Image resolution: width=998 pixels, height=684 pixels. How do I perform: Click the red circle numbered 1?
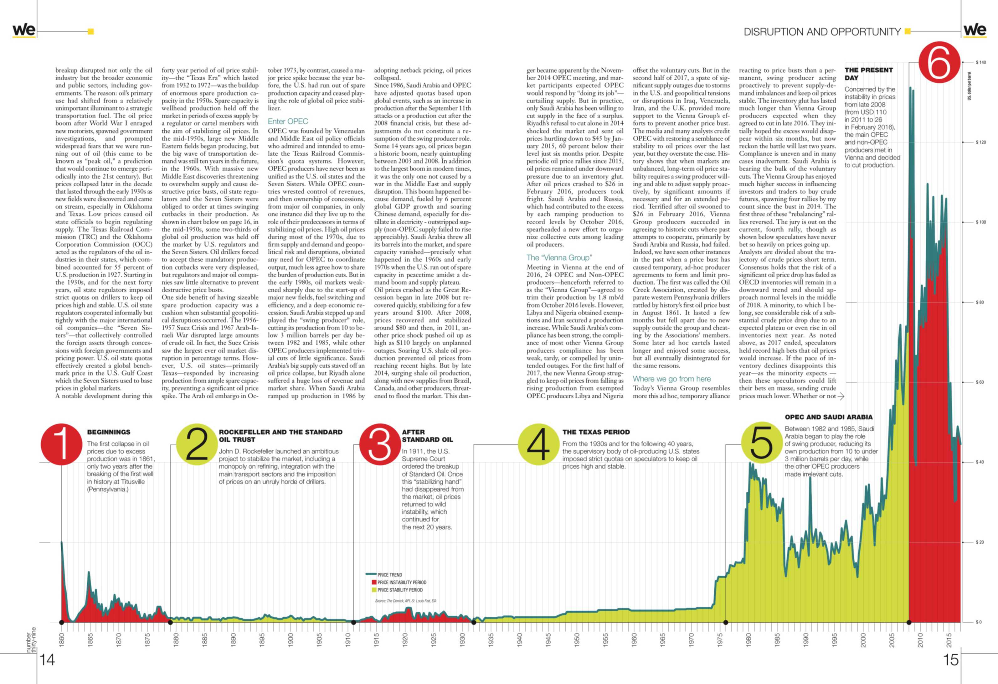61,444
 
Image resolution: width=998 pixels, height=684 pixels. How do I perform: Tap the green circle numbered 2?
197,444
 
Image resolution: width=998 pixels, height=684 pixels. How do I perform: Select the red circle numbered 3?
380,444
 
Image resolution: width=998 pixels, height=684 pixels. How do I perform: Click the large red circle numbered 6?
939,63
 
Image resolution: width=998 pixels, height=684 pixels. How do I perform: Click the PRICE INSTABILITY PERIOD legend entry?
399,582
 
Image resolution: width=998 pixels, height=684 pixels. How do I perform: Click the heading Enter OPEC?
288,122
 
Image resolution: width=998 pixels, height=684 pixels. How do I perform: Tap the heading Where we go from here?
671,379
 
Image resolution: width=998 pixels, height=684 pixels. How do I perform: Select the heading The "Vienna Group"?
559,258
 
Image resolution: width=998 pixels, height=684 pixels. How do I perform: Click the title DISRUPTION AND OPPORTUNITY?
822,32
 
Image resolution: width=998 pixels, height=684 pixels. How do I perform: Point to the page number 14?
47,660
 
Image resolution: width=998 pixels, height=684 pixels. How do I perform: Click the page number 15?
951,660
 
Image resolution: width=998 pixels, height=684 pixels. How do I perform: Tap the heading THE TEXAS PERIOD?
596,432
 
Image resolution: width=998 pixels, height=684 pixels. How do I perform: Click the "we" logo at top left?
24,30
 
